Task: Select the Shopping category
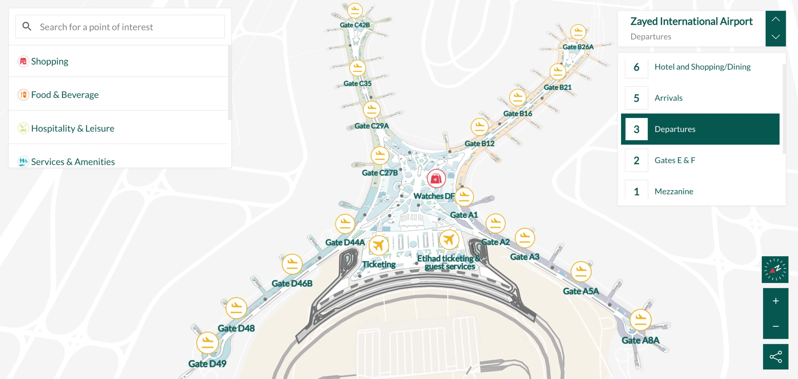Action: (49, 61)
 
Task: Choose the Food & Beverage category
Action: (64, 95)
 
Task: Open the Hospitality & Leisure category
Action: (73, 128)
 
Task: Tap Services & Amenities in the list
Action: (73, 162)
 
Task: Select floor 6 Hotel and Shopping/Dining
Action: (702, 67)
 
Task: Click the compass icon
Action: (775, 269)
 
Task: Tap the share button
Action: (775, 357)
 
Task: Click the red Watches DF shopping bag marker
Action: (436, 179)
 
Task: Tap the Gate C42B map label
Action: (355, 25)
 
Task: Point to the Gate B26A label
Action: (578, 47)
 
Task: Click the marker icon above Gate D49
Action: (207, 343)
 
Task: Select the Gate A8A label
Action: (640, 340)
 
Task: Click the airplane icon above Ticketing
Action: (379, 245)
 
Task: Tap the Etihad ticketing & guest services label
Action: (449, 262)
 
